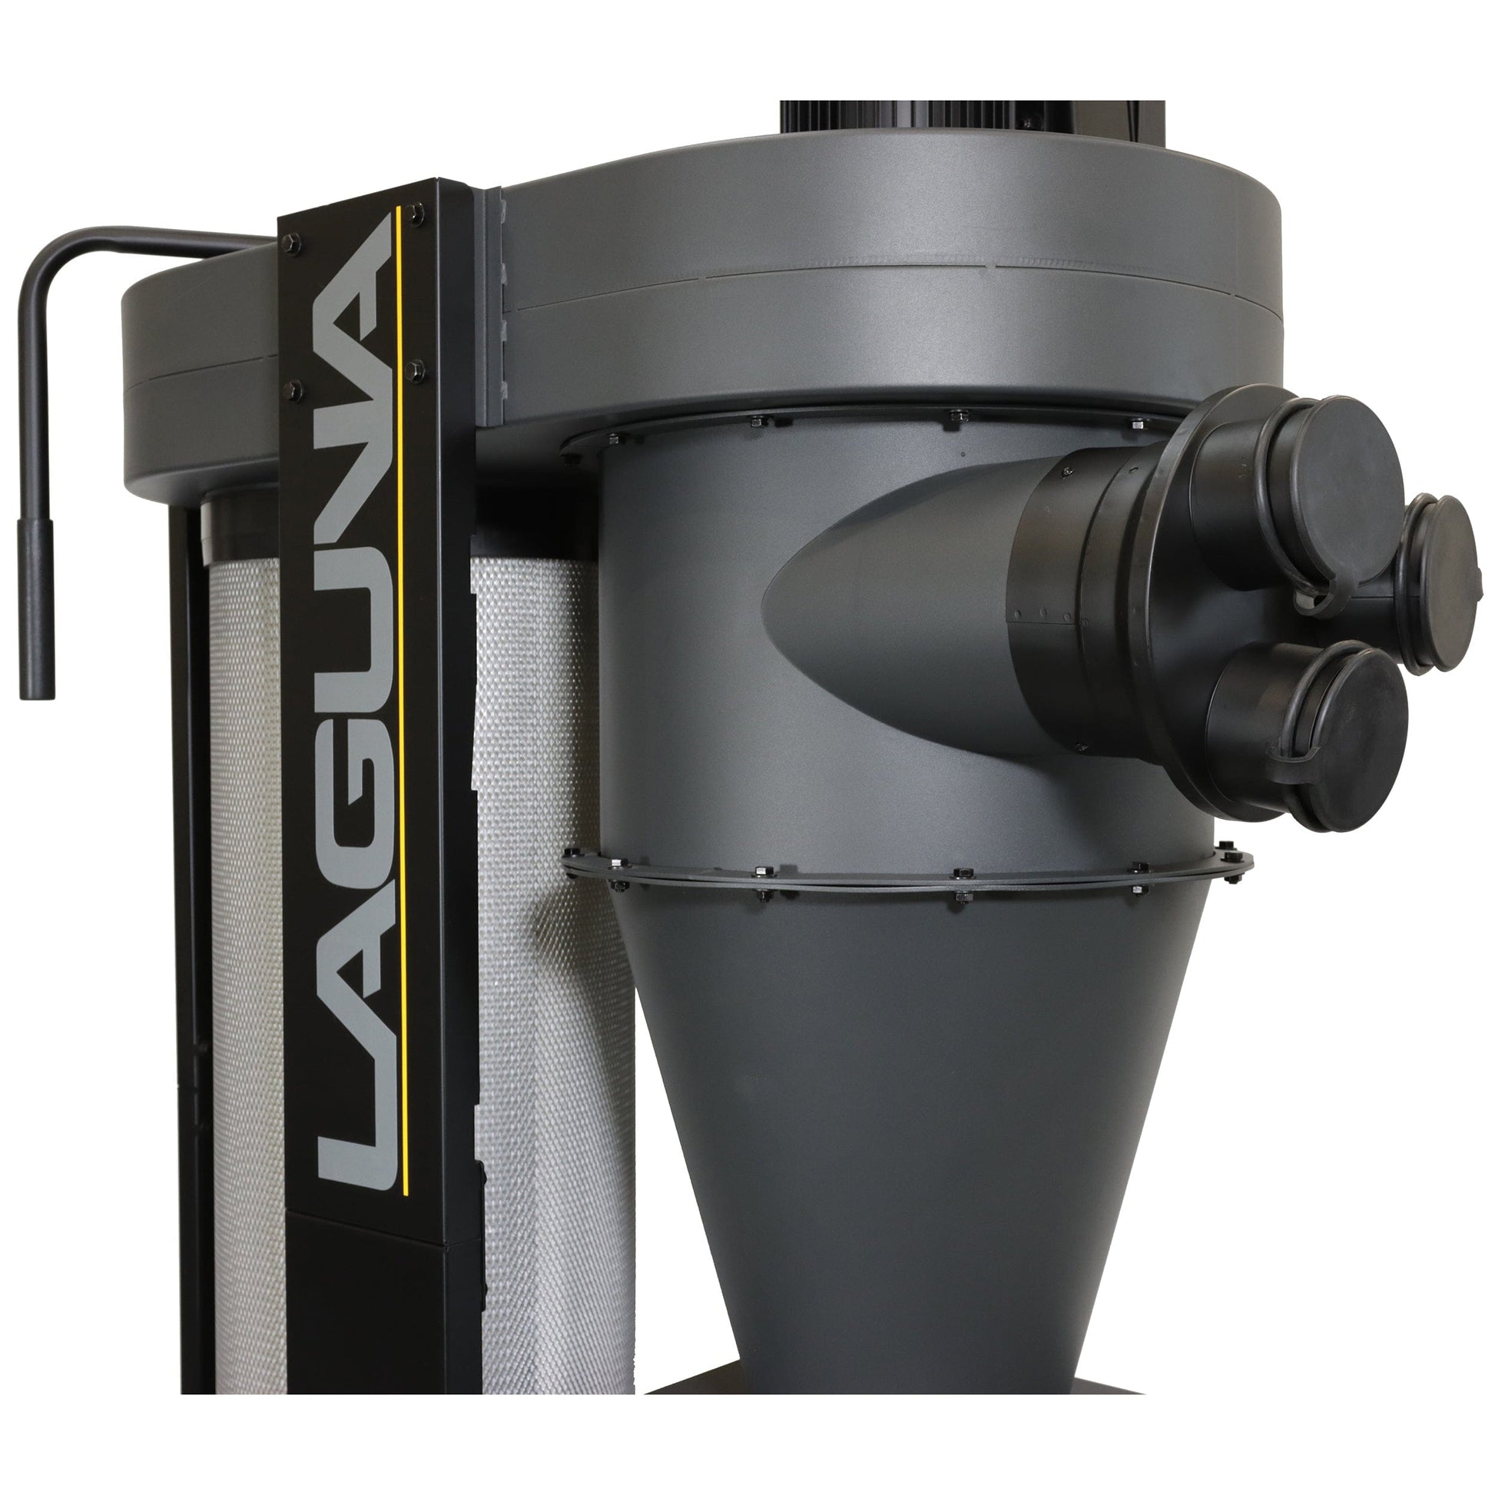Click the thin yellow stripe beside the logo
tap(399, 697)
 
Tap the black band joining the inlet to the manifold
tap(1052, 612)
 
